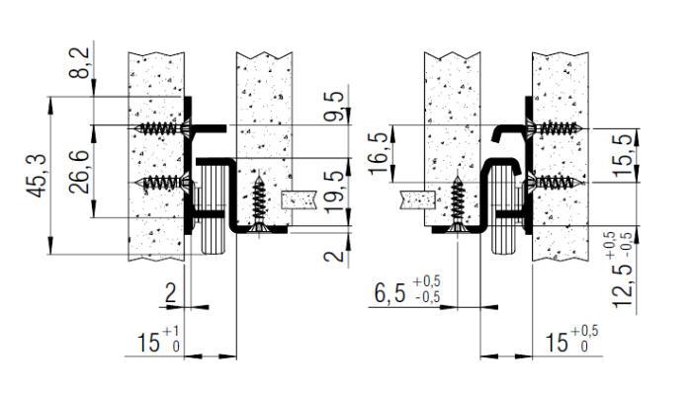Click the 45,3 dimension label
[x=37, y=176]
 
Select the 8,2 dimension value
[x=79, y=62]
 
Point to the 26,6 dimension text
[x=79, y=172]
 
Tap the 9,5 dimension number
[x=334, y=107]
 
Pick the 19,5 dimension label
[x=334, y=192]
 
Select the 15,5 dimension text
[x=623, y=156]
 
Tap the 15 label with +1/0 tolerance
[x=158, y=341]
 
